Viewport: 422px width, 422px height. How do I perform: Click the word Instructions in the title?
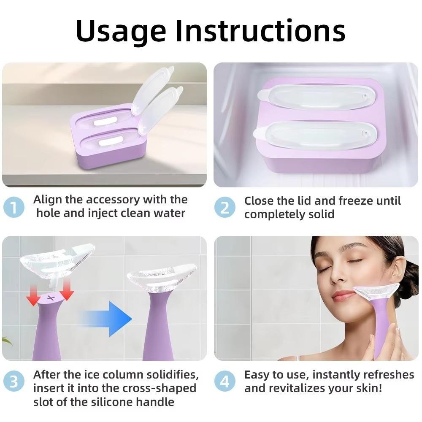pos(260,31)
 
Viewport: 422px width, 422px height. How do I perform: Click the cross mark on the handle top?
pos(51,298)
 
